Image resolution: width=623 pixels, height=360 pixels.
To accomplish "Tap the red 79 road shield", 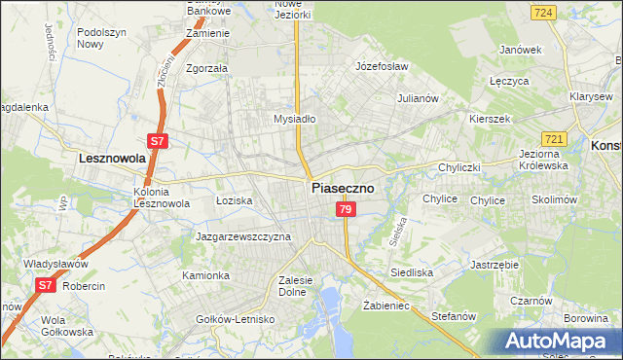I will pyautogui.click(x=345, y=210).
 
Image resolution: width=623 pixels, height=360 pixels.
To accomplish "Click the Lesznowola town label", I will pyautogui.click(x=112, y=157).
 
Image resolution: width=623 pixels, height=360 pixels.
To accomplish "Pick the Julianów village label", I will pyautogui.click(x=421, y=98).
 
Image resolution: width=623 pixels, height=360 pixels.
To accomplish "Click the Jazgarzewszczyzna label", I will pyautogui.click(x=243, y=236).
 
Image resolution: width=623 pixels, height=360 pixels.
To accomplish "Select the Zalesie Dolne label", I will pyautogui.click(x=294, y=285).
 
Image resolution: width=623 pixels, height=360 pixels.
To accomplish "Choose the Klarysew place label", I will pyautogui.click(x=592, y=98).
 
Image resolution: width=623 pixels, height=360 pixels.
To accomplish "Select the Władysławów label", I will pyautogui.click(x=57, y=264).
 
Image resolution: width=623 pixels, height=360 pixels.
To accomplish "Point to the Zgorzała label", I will pyautogui.click(x=206, y=69).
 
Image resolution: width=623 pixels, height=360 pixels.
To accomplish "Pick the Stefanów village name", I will pyautogui.click(x=453, y=316).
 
